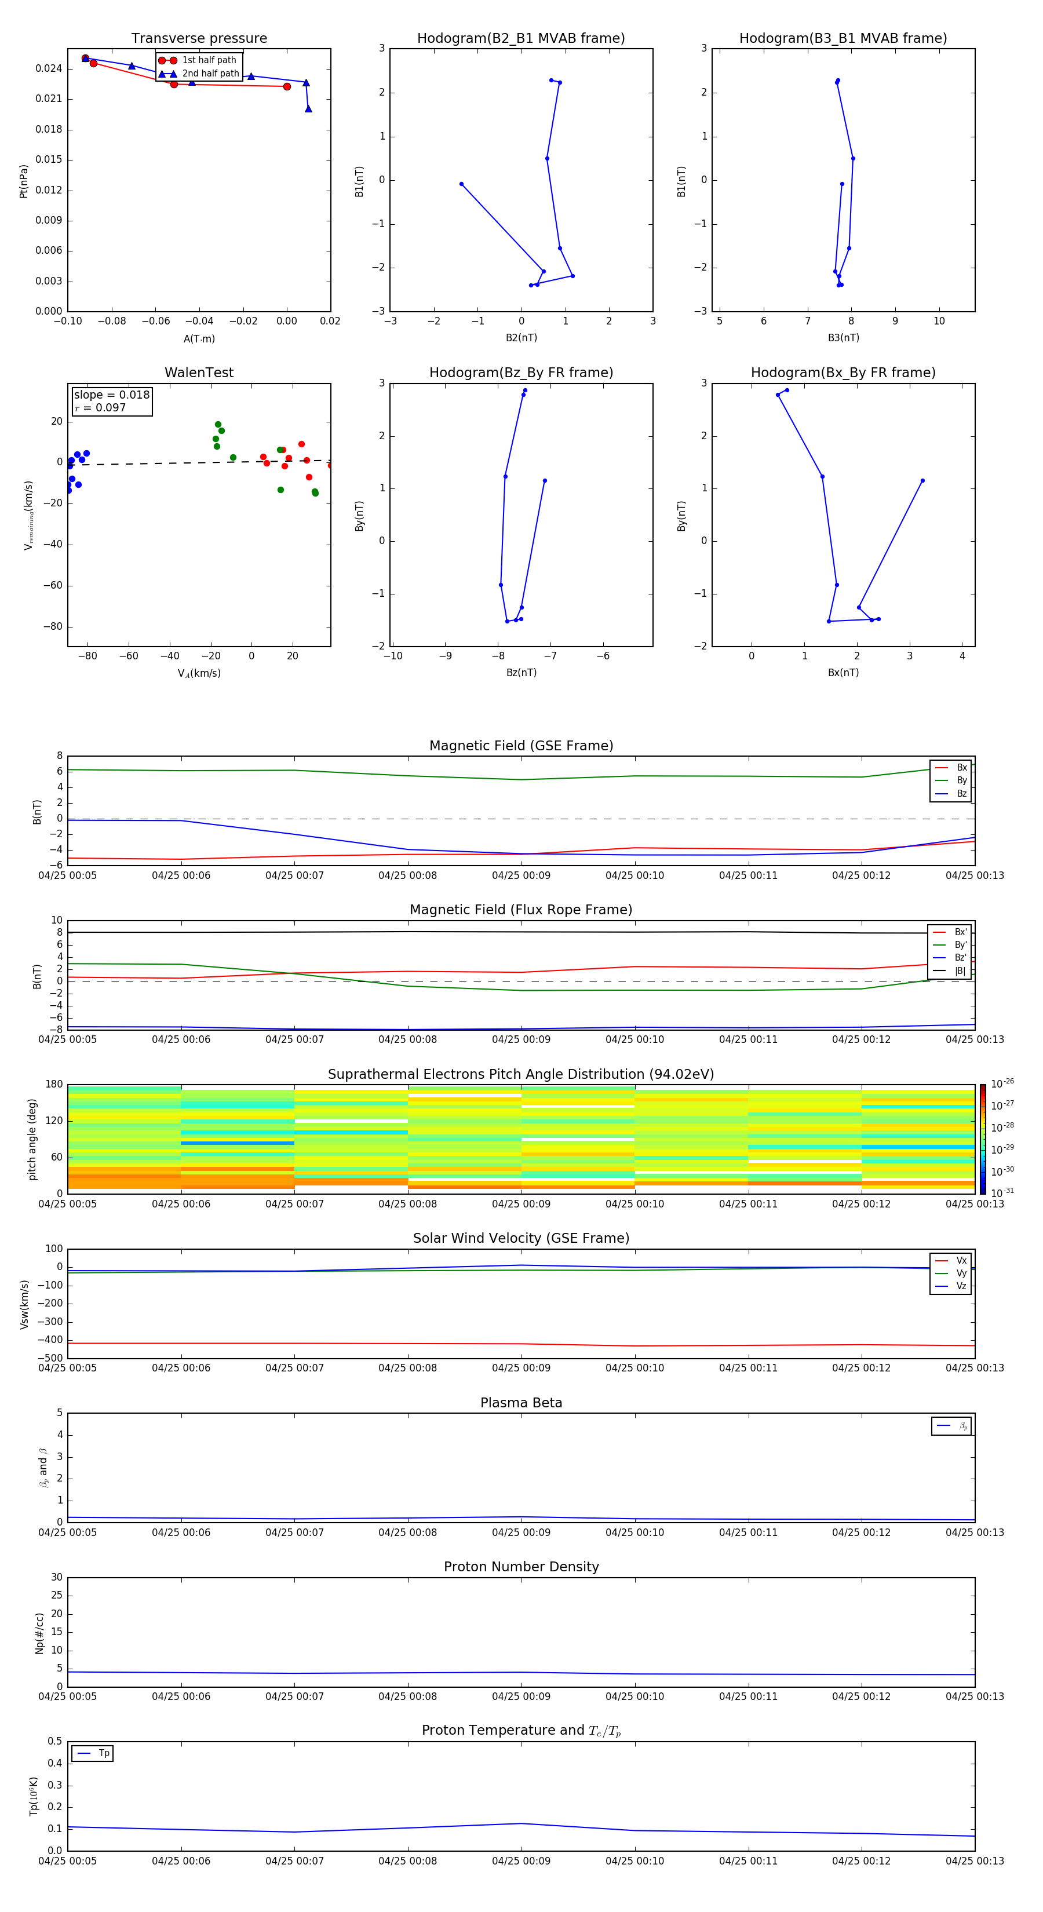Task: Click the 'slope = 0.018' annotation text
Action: coord(111,395)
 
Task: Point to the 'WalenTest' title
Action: coord(199,373)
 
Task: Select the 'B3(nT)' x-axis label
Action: coord(843,338)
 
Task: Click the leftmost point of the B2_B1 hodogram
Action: coord(461,184)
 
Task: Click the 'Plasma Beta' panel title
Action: coord(520,1403)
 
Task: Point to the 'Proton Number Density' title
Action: coord(520,1567)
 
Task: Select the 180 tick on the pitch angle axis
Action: coord(54,1085)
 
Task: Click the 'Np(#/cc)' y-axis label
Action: coord(39,1632)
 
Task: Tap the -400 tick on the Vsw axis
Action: coord(49,1340)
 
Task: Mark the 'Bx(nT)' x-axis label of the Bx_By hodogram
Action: coord(843,673)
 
